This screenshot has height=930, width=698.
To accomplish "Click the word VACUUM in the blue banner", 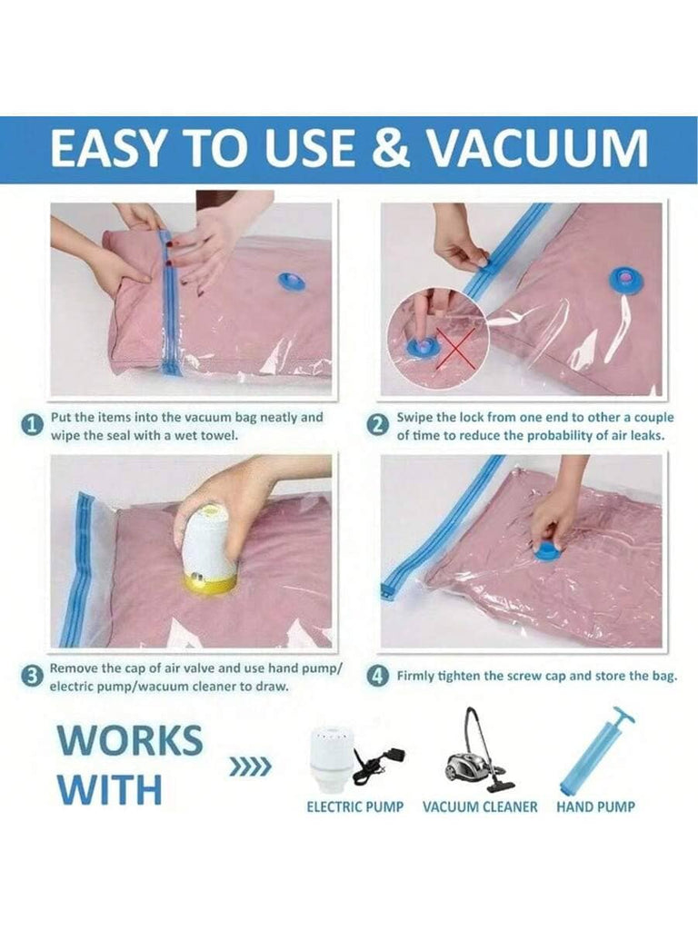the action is tap(539, 148).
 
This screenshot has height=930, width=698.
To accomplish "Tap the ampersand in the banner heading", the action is tap(390, 148).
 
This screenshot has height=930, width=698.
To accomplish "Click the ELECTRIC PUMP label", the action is tap(355, 806).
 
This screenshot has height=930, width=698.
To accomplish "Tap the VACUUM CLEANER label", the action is tap(480, 806).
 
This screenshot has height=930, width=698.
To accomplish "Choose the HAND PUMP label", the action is tap(595, 806).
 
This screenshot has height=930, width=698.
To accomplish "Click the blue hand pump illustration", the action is tap(595, 749).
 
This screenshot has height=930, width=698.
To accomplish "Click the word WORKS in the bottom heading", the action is tap(130, 739).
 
